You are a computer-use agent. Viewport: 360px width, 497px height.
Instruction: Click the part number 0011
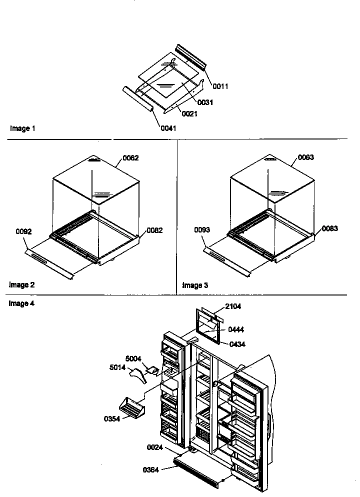coord(220,86)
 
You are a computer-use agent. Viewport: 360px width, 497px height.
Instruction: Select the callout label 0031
coord(205,102)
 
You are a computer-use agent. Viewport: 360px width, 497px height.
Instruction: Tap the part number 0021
coord(189,114)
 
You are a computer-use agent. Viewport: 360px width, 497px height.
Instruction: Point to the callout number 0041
coord(168,128)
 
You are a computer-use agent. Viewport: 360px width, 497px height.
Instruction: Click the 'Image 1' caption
coord(22,128)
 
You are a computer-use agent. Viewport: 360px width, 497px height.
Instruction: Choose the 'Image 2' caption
coord(22,285)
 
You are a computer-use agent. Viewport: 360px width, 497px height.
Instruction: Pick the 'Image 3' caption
coord(195,285)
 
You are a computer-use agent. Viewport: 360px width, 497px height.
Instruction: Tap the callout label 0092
coord(23,231)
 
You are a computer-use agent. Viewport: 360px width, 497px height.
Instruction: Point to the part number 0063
coord(306,157)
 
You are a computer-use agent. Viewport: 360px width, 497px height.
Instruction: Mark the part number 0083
coord(329,228)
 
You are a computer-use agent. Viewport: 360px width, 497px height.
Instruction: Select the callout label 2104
coord(233,306)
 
